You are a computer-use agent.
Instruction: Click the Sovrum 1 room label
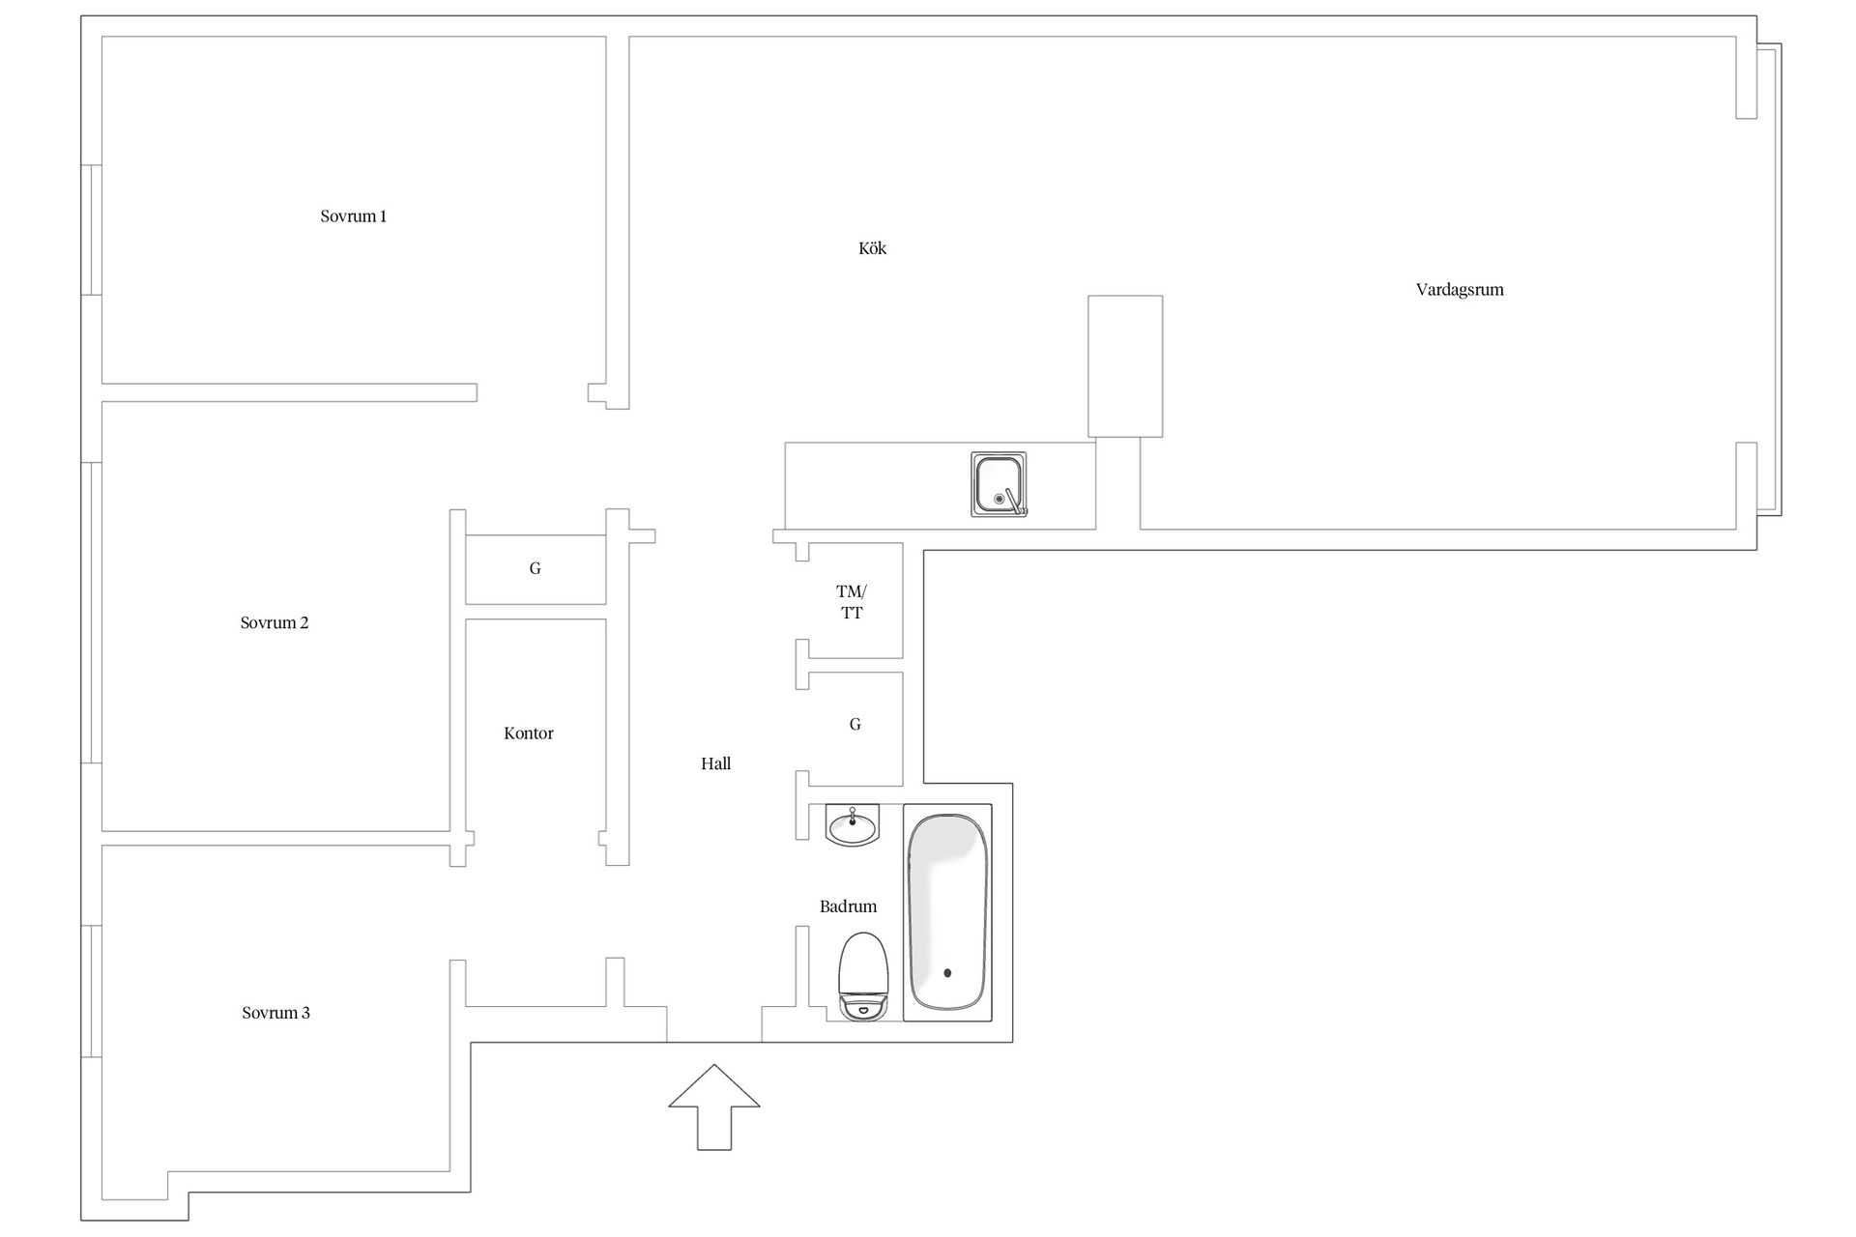(353, 216)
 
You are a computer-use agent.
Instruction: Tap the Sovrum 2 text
(275, 623)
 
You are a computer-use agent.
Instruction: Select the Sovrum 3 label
(275, 1013)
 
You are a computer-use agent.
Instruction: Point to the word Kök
(872, 248)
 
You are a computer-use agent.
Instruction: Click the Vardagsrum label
(1460, 290)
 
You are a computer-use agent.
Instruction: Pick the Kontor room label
(529, 734)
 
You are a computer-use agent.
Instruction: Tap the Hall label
(715, 763)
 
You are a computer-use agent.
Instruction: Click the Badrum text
(848, 906)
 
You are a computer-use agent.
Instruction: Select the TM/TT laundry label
(852, 602)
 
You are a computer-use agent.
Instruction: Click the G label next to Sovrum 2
(535, 568)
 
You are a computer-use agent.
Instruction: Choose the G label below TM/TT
(855, 724)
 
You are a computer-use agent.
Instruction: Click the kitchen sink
(999, 484)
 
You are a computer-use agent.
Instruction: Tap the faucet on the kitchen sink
(1013, 500)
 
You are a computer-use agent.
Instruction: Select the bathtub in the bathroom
(947, 911)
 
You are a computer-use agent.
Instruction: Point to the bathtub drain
(947, 973)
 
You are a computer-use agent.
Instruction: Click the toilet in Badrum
(863, 976)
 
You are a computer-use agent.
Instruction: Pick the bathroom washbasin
(853, 826)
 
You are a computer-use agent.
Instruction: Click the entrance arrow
(714, 1108)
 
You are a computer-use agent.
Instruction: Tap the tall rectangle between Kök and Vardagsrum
(1125, 366)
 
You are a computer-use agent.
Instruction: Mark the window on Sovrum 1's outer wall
(91, 229)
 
